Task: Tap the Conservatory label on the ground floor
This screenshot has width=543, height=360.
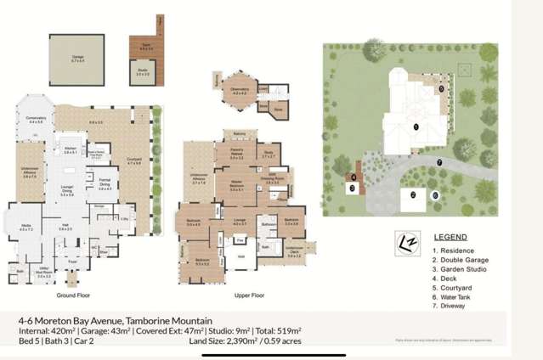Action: (37, 121)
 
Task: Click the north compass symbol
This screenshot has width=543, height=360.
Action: (407, 242)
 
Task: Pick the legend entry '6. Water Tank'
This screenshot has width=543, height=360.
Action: (455, 296)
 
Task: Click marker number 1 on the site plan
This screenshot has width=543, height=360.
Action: (416, 127)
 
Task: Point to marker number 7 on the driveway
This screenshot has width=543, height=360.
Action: (438, 161)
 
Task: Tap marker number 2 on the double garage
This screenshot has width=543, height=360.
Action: (412, 194)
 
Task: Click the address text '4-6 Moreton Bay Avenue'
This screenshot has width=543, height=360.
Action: (71, 320)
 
